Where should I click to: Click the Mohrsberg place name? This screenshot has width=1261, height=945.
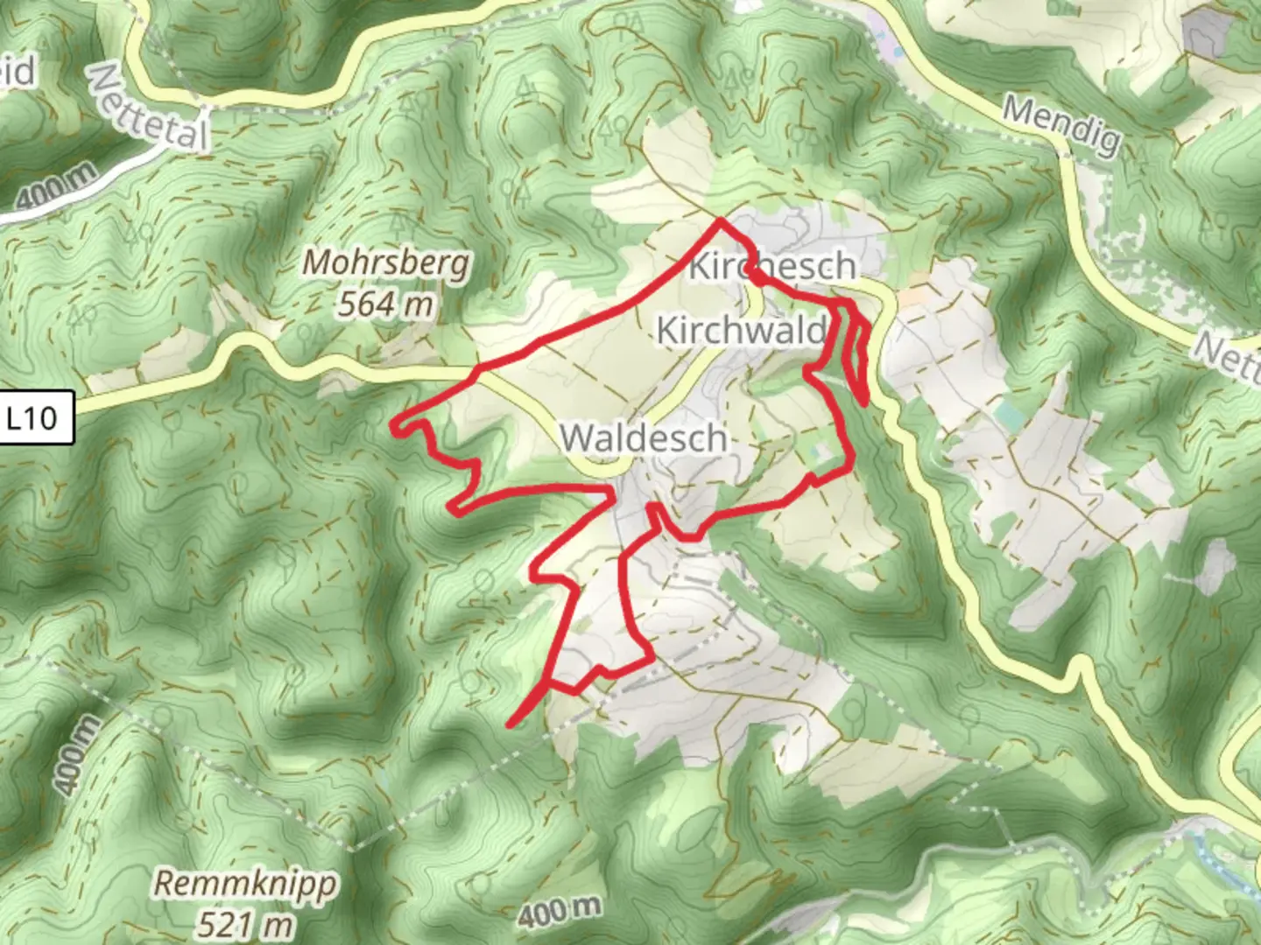point(386,263)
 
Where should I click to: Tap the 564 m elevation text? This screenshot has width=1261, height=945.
point(385,304)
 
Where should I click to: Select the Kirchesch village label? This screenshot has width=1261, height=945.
point(771,266)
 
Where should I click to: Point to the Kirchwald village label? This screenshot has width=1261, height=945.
point(741,331)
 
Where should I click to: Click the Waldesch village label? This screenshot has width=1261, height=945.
point(644,437)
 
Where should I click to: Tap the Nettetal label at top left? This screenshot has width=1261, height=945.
point(150,108)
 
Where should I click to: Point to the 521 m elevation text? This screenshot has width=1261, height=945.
point(244,923)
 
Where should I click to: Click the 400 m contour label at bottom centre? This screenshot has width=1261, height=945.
point(559,912)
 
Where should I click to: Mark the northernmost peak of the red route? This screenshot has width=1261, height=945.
point(720,221)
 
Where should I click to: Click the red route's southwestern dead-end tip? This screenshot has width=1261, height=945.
point(511,724)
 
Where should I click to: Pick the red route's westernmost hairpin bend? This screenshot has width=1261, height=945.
point(396,427)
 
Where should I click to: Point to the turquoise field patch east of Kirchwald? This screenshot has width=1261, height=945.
point(1007,416)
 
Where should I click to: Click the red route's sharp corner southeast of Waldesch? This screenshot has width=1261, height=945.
point(650,658)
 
